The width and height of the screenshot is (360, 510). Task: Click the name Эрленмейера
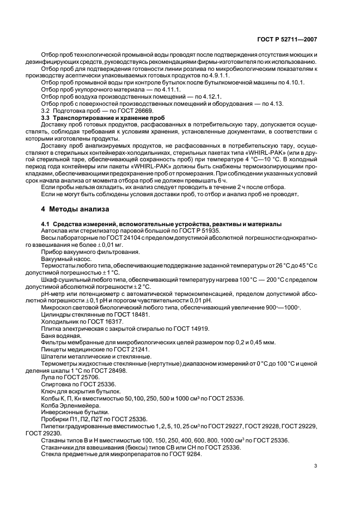[80, 405]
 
